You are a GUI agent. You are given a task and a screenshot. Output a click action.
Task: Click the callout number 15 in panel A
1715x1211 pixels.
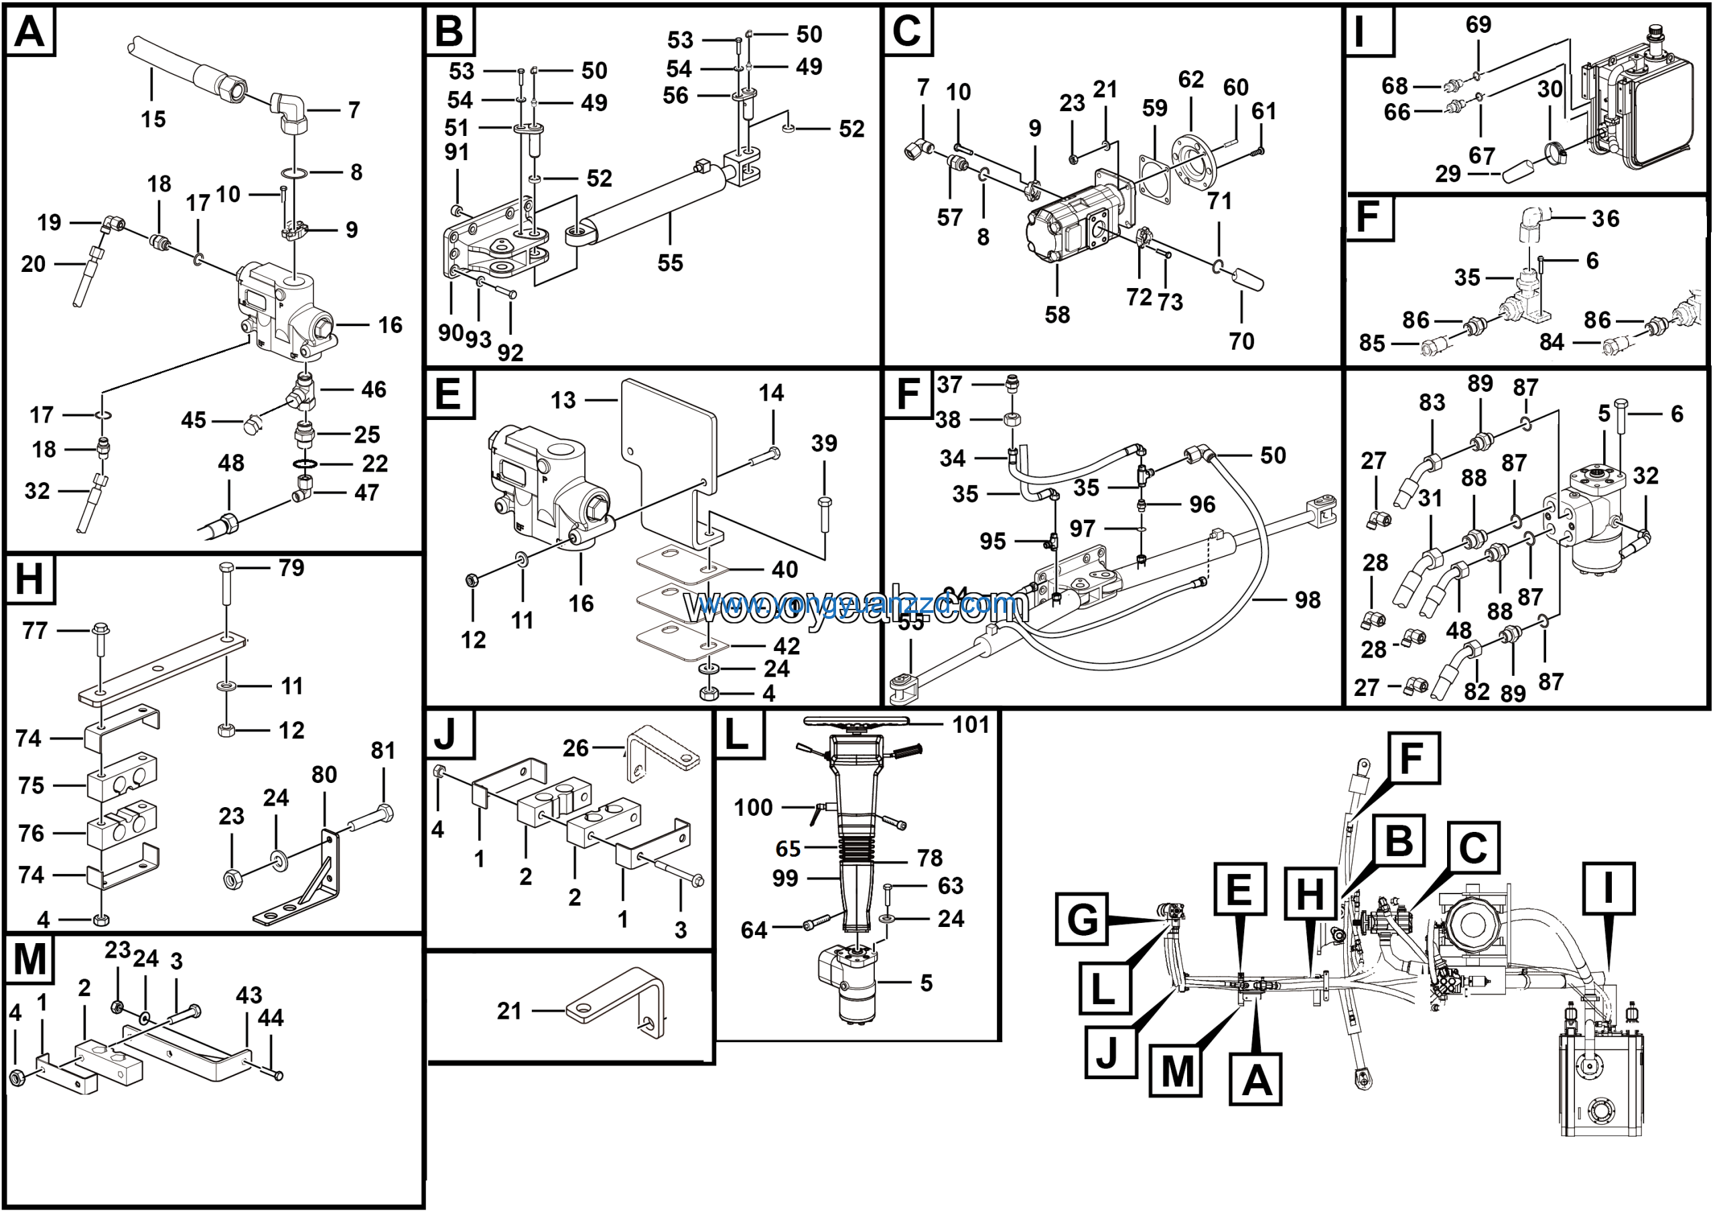click(x=153, y=119)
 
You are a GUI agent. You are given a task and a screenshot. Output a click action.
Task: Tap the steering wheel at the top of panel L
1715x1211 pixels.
click(x=856, y=722)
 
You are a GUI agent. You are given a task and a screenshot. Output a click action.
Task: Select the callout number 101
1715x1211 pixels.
click(x=970, y=724)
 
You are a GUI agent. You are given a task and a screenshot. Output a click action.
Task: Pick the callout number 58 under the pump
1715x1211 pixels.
click(x=1057, y=314)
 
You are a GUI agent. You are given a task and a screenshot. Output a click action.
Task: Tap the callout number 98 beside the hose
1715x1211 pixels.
click(x=1307, y=599)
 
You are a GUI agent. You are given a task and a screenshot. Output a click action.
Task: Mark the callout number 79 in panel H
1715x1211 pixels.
click(x=291, y=568)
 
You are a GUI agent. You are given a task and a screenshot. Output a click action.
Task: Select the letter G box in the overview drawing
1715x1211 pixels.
click(x=1081, y=918)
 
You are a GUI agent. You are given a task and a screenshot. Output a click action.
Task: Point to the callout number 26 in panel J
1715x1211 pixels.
click(x=575, y=748)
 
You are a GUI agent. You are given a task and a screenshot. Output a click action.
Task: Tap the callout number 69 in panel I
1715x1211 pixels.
click(x=1479, y=25)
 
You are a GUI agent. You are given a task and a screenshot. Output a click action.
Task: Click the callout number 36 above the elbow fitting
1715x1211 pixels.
click(x=1605, y=219)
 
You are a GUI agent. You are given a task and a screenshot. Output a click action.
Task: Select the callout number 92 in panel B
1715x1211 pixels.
click(x=510, y=352)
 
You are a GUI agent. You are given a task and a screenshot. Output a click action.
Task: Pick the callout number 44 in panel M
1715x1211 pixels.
click(x=271, y=1017)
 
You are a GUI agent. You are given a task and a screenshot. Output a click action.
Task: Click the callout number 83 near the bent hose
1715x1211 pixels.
click(x=1432, y=403)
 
